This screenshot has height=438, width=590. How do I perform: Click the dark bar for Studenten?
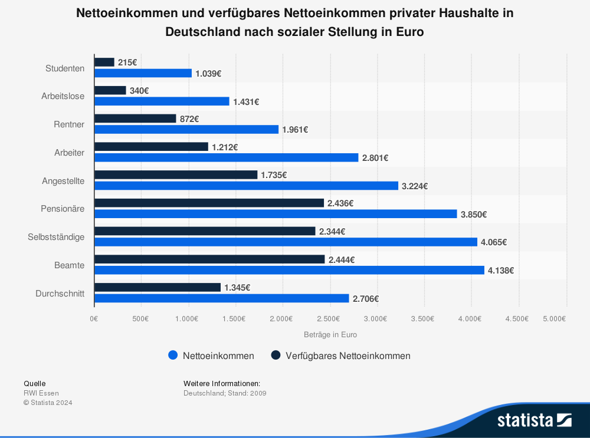click(104, 62)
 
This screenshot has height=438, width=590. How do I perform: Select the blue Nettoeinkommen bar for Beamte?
click(289, 270)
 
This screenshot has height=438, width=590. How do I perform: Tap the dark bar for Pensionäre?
click(209, 203)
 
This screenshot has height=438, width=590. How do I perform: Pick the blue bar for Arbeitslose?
click(162, 101)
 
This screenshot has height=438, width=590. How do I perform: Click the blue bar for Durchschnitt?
click(221, 298)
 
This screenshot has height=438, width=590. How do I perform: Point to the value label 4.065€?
click(494, 242)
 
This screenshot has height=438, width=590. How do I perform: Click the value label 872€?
click(189, 118)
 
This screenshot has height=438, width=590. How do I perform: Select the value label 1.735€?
click(274, 175)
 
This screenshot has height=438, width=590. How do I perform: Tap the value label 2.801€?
click(375, 158)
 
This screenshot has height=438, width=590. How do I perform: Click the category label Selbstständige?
click(56, 237)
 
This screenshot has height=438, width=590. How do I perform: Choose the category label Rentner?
click(69, 124)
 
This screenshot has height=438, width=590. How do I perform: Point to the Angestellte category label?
click(63, 181)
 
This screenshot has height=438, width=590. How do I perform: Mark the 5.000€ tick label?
click(554, 318)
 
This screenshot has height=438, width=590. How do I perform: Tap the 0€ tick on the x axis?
click(94, 318)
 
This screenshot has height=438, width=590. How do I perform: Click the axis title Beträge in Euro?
click(330, 334)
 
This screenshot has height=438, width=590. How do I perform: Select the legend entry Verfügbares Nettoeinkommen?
click(347, 355)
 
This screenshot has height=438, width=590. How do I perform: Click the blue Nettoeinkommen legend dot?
click(173, 355)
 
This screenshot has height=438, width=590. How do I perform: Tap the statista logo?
click(534, 420)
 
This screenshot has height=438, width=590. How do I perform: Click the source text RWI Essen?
click(41, 393)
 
